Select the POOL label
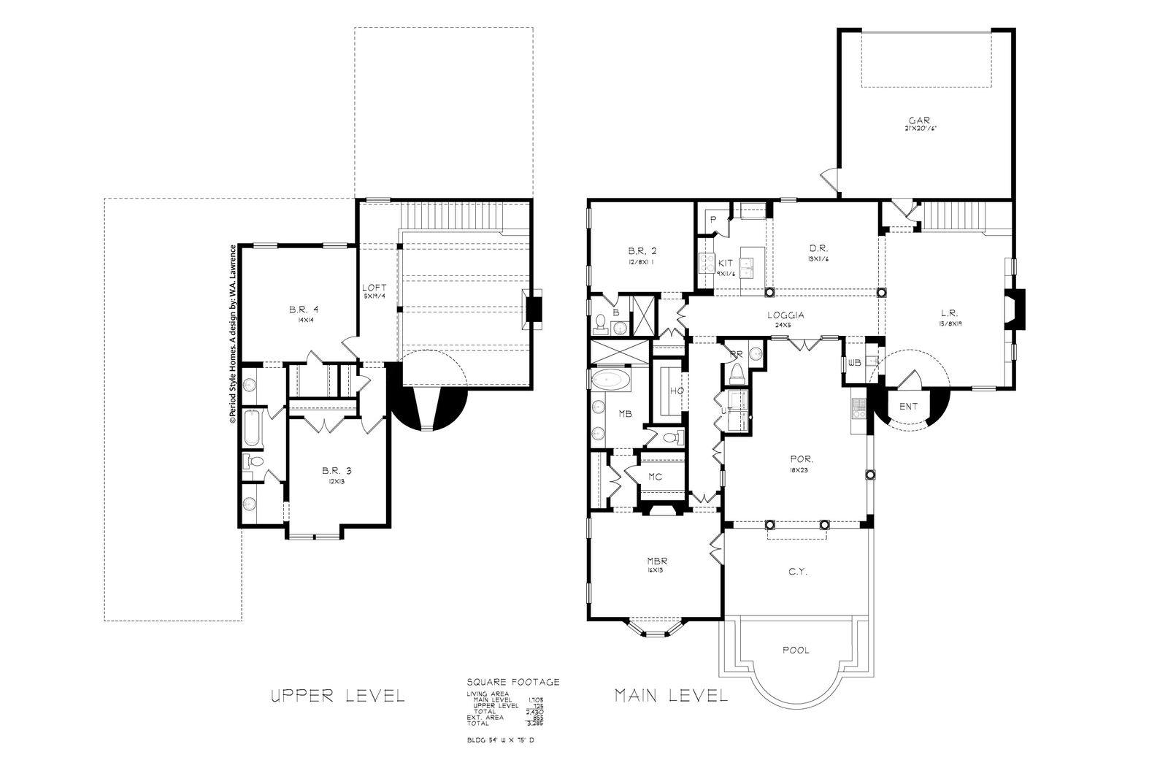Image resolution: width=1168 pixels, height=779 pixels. click(795, 650)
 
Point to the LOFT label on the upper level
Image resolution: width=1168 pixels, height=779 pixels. click(374, 288)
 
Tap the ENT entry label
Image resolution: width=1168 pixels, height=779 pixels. click(908, 407)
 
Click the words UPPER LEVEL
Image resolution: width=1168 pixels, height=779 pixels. click(337, 695)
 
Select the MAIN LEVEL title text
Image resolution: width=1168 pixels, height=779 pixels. click(671, 695)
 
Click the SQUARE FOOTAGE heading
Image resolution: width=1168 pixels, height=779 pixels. click(512, 682)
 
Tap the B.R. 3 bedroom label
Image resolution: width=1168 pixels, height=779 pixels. click(337, 470)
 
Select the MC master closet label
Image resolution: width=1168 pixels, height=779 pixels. click(655, 477)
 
